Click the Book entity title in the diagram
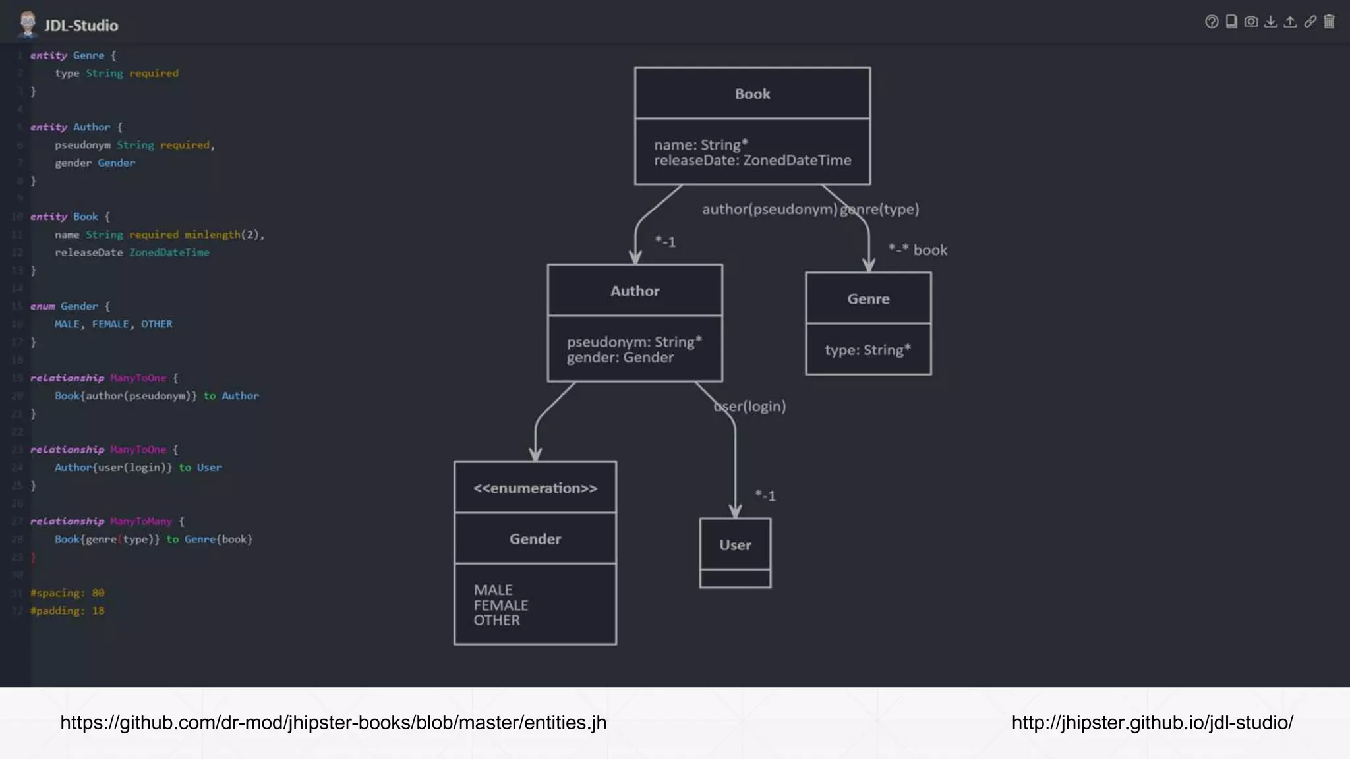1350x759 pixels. [x=752, y=94]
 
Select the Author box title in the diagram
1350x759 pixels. [x=634, y=291]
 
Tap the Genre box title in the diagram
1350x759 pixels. [x=868, y=298]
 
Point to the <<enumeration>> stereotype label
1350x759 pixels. [x=535, y=488]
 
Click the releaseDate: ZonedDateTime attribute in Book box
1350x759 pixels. [x=752, y=160]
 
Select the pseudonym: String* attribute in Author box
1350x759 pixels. [x=634, y=342]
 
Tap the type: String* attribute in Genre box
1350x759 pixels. [x=867, y=350]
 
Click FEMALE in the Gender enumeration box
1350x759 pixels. [x=500, y=605]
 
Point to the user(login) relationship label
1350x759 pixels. [x=750, y=406]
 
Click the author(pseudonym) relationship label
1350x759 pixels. [x=769, y=209]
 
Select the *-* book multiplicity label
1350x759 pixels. [x=918, y=250]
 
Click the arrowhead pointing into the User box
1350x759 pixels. [x=735, y=511]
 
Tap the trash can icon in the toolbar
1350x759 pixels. [x=1329, y=22]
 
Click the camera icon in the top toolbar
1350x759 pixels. [x=1250, y=22]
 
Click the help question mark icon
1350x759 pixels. [x=1211, y=22]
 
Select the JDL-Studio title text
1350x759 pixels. [x=81, y=26]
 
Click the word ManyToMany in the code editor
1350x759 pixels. [x=140, y=521]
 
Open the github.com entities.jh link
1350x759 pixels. [x=333, y=723]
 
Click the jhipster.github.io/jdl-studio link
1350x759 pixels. [x=1152, y=723]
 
